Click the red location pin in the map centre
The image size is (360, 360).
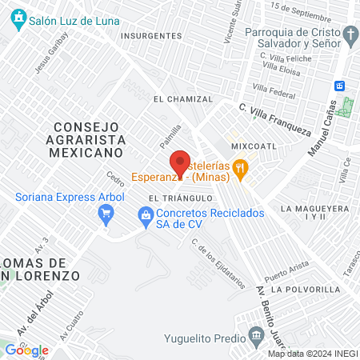click(180, 163)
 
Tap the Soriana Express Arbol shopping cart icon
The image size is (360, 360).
click(106, 213)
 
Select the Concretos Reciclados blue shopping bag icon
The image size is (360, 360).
click(145, 214)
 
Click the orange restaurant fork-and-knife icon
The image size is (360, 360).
click(239, 167)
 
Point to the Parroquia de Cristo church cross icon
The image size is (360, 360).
click(350, 34)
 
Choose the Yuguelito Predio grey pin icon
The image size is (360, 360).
click(255, 334)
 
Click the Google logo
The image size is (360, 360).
click(26, 350)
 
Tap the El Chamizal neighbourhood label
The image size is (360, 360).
click(182, 99)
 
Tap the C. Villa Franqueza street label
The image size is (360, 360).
click(274, 118)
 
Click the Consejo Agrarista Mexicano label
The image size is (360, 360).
click(88, 138)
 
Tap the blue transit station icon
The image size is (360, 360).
click(339, 85)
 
